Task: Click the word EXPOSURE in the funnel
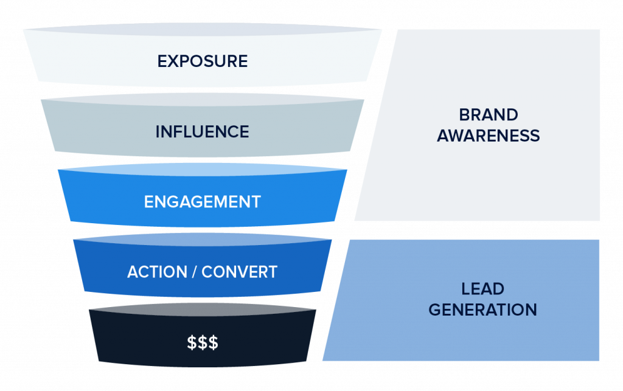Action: (x=202, y=61)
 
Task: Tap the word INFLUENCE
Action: (x=202, y=131)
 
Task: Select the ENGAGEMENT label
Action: (x=202, y=202)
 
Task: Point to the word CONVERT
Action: (x=239, y=272)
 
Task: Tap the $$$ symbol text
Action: (x=202, y=342)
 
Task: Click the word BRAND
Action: (x=488, y=115)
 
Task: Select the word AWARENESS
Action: (x=488, y=135)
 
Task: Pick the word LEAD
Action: (x=482, y=289)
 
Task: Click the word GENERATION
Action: (x=482, y=310)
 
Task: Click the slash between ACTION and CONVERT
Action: (x=195, y=272)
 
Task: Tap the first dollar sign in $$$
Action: (x=192, y=342)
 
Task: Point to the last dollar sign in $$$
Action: (x=213, y=342)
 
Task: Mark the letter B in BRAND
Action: (x=464, y=115)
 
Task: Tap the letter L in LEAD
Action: (x=465, y=289)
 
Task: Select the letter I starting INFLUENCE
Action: (x=158, y=131)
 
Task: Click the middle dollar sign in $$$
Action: (x=202, y=342)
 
